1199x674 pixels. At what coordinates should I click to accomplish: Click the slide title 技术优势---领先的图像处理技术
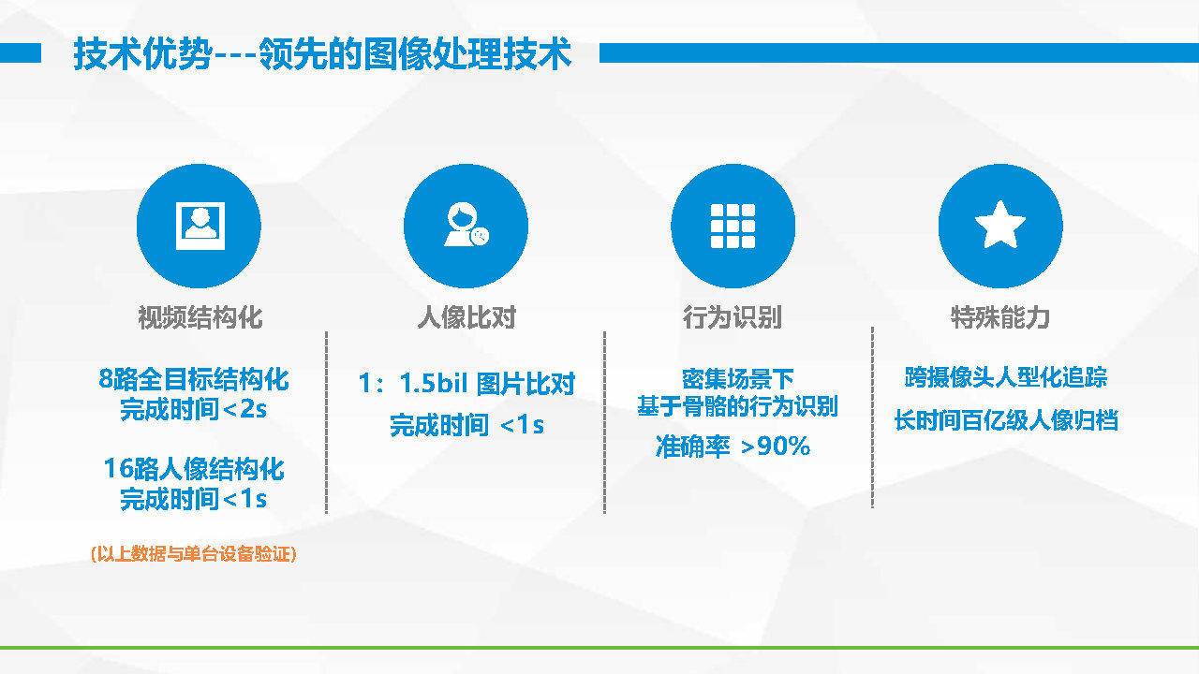click(322, 53)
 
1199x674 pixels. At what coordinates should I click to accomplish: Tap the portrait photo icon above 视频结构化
click(200, 226)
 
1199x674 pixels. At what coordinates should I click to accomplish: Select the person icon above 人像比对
click(466, 225)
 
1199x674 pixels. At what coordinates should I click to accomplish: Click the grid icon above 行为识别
click(733, 226)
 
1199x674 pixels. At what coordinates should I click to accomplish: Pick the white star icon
click(999, 225)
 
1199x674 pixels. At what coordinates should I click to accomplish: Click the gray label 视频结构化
click(200, 317)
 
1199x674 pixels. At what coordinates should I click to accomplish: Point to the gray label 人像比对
click(466, 317)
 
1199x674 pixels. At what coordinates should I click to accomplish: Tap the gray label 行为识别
click(733, 317)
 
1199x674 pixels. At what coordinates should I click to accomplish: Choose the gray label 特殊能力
click(999, 317)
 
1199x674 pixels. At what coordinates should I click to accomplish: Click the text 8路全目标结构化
click(194, 379)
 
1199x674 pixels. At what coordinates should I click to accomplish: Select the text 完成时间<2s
click(193, 409)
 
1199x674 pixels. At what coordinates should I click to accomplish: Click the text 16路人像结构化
click(194, 469)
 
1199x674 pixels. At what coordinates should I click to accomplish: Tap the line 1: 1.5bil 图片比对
click(466, 383)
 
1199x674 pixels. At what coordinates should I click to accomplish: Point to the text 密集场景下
click(737, 379)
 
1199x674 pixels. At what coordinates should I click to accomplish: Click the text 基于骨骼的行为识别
click(737, 406)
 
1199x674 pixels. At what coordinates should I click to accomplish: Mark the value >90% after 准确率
click(775, 446)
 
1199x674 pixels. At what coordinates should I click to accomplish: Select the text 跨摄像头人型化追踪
click(1006, 377)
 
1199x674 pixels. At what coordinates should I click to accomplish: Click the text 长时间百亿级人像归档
click(1006, 420)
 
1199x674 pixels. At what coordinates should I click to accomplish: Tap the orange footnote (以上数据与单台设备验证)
click(193, 554)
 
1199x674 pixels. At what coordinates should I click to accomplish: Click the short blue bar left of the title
click(21, 53)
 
